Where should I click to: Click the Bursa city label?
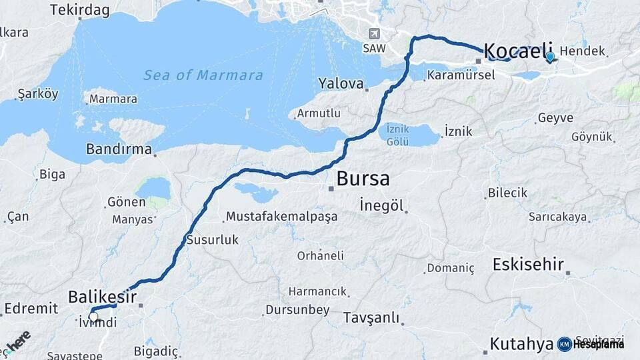363,179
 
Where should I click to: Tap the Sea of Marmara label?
203,75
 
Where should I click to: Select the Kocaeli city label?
518,50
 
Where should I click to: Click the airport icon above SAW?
374,34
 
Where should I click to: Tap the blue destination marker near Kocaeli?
549,57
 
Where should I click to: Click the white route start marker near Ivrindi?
93,317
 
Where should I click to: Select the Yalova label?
341,84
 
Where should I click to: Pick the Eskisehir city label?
529,263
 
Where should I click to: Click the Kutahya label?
521,344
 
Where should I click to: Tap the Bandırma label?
119,149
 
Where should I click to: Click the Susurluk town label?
212,239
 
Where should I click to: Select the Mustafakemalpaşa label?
281,217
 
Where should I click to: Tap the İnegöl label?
381,205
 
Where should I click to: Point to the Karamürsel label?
461,75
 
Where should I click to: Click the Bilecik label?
507,193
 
